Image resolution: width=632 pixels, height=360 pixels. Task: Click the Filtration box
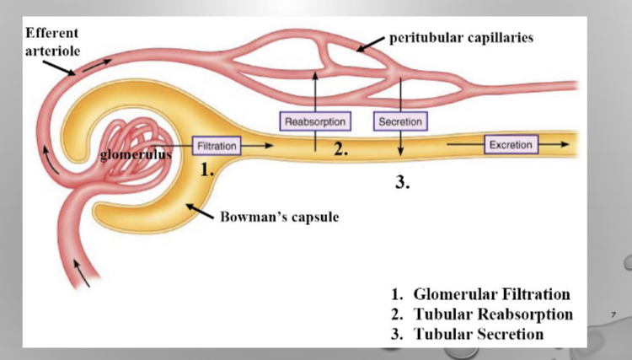coord(217,146)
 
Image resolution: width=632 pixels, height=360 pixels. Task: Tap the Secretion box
coord(400,122)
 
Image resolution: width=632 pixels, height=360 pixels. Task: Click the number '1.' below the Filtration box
coord(206,169)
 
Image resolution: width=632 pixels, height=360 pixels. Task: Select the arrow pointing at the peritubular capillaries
coord(368,45)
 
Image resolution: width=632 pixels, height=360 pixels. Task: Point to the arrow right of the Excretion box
coord(554,145)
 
